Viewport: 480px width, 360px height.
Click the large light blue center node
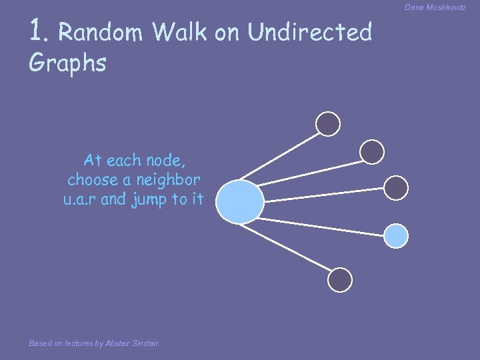coord(240,201)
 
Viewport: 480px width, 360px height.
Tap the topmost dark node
coord(327,123)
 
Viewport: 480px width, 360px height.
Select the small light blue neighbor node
coord(397,235)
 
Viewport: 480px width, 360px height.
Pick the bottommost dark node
coord(340,280)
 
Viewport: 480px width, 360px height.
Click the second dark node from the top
coord(372,152)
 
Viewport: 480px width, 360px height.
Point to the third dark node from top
coord(396,189)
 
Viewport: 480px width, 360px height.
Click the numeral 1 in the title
coord(37,30)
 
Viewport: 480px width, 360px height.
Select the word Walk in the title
coord(180,31)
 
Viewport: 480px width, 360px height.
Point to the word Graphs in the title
coord(67,63)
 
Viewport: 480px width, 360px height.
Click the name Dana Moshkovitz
coord(435,7)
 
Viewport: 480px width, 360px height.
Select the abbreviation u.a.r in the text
coord(81,199)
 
